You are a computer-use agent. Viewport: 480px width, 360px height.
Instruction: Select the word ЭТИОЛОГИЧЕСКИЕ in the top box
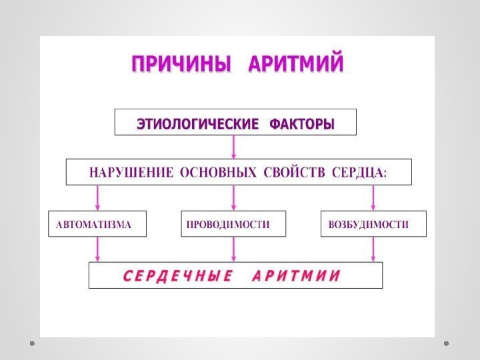[197, 124]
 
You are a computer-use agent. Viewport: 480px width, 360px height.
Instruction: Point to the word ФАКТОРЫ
[301, 124]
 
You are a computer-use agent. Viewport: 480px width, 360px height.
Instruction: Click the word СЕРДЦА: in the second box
[363, 172]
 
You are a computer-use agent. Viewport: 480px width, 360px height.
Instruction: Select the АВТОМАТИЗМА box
[97, 224]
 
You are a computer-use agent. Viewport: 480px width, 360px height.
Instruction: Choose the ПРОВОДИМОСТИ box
[233, 224]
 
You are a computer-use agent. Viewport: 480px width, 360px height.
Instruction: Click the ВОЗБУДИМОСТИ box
[373, 224]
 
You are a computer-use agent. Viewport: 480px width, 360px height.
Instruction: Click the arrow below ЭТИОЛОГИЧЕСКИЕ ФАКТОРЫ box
[233, 147]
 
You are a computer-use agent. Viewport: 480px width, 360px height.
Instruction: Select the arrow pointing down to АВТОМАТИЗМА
[98, 198]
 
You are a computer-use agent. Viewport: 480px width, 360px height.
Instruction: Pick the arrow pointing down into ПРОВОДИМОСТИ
[233, 198]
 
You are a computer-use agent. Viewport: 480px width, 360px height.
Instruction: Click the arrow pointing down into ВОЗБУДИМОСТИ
[373, 198]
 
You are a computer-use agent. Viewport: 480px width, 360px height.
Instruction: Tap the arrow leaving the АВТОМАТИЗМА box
[98, 249]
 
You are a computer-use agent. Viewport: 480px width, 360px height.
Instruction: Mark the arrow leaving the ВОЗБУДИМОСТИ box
[373, 249]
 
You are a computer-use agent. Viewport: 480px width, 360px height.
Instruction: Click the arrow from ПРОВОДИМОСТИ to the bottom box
[233, 249]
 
